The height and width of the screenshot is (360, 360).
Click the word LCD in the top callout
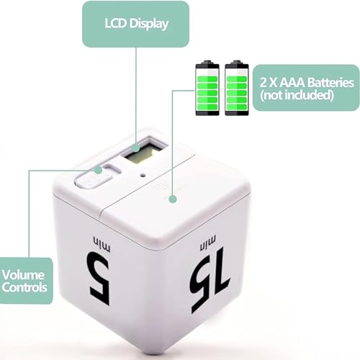tap(116, 24)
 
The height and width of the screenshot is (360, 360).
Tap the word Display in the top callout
tap(149, 24)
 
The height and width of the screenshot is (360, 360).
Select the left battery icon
tap(207, 87)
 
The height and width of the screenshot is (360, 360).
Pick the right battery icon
tap(237, 87)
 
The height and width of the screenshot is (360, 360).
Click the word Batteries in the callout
tap(330, 82)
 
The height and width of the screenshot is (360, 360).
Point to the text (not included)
tap(297, 95)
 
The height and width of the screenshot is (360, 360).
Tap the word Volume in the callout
tap(23, 275)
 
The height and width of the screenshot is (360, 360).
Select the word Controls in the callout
tap(24, 287)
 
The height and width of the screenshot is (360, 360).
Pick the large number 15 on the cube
tap(210, 280)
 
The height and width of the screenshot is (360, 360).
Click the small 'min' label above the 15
tap(208, 242)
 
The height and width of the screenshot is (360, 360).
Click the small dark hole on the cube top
tap(143, 176)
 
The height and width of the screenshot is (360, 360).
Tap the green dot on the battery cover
tap(173, 199)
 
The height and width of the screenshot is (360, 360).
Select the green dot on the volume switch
tap(98, 170)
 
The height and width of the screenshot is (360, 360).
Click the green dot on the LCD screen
tap(136, 148)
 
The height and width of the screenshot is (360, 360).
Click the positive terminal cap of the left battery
tap(207, 62)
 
